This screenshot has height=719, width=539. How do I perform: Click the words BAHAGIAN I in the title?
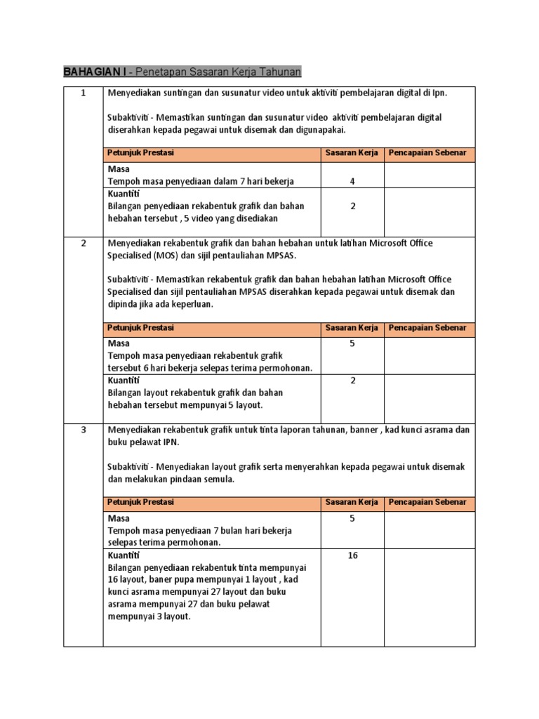click(x=95, y=72)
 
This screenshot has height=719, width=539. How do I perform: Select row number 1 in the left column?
click(x=84, y=93)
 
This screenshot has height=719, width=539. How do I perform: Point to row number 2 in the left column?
click(x=84, y=243)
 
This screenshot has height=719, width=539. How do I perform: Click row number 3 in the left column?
click(x=84, y=430)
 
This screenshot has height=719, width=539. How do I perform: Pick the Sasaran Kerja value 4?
click(x=352, y=181)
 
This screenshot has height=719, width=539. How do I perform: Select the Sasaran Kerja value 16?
click(x=352, y=555)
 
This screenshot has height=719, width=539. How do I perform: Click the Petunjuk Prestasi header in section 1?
click(x=140, y=152)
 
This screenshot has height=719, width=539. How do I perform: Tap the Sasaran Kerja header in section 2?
click(x=352, y=328)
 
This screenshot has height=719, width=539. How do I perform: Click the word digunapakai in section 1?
click(x=321, y=130)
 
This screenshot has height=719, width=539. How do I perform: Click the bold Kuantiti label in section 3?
click(x=124, y=555)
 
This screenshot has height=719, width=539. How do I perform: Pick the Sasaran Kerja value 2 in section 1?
click(x=352, y=206)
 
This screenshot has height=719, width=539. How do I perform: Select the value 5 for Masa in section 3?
click(x=352, y=519)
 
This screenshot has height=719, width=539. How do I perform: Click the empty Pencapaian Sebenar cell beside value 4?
click(x=430, y=176)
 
